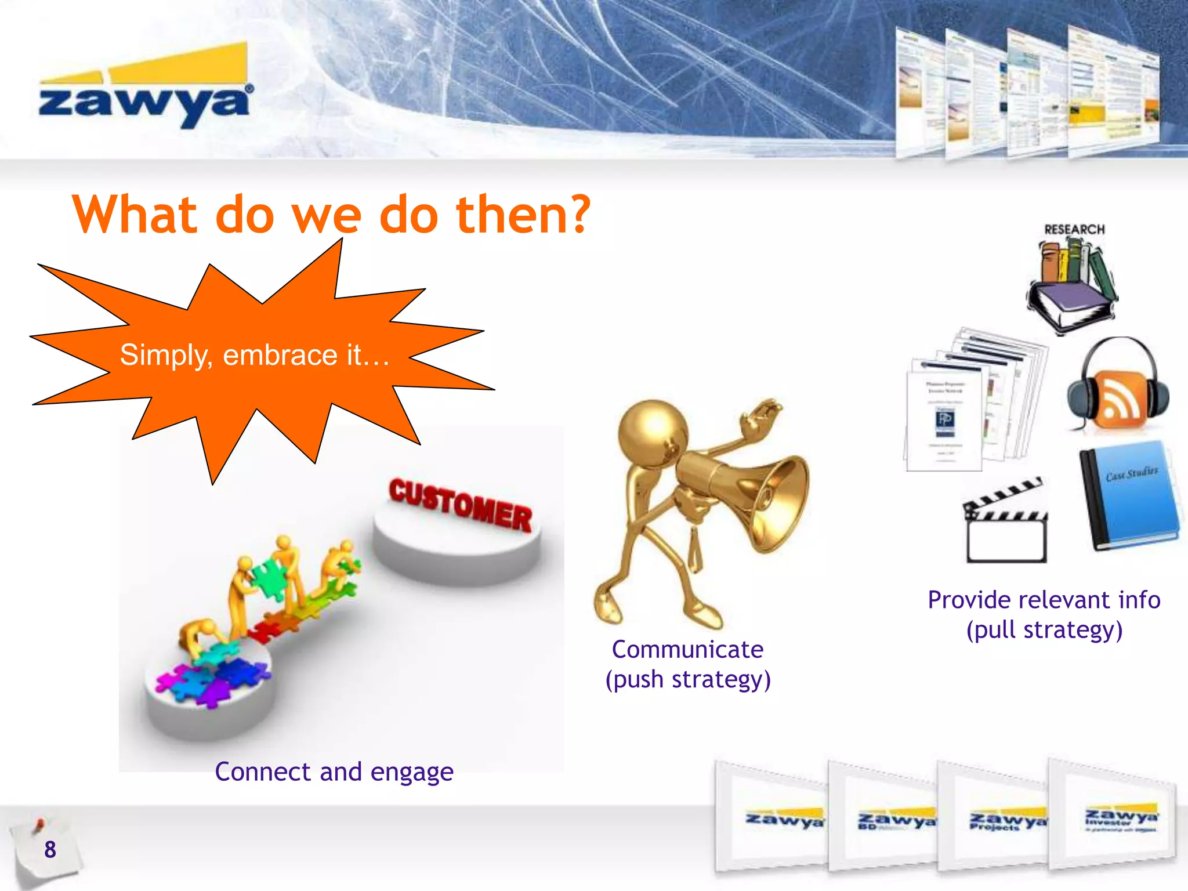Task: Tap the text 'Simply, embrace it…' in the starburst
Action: tap(255, 354)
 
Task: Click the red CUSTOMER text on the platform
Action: tap(459, 505)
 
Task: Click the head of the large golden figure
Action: tap(652, 432)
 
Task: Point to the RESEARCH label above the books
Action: tap(1074, 229)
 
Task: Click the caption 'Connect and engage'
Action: tap(334, 772)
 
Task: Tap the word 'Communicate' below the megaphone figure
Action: tap(687, 649)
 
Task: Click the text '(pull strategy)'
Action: tap(1044, 630)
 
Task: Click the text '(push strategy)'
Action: tap(688, 679)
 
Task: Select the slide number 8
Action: tap(50, 850)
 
